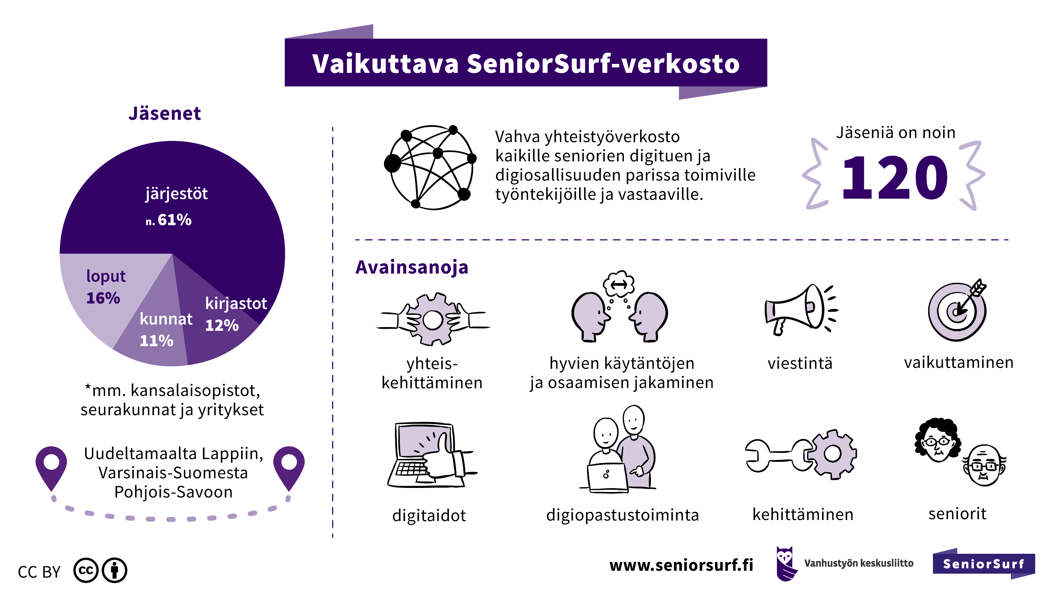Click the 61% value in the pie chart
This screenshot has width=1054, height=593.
click(174, 220)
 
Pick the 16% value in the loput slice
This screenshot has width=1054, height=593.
click(103, 298)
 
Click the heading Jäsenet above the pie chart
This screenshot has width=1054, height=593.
click(164, 113)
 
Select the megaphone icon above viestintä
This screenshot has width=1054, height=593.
click(801, 310)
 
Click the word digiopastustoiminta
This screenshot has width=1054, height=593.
click(622, 515)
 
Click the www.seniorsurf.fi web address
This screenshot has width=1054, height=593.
click(681, 565)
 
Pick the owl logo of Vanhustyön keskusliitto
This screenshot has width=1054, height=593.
click(786, 564)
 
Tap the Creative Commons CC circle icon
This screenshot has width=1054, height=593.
click(86, 570)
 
